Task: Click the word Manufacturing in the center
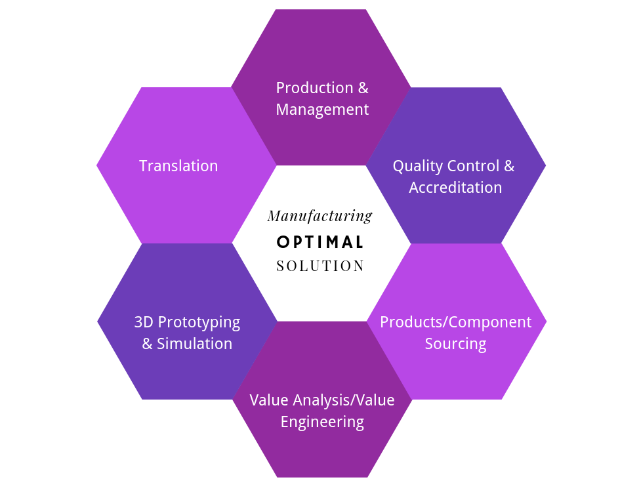tap(320, 216)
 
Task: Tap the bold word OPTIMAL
tap(320, 242)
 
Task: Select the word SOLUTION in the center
tap(320, 266)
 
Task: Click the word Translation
tap(178, 166)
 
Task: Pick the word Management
tap(322, 110)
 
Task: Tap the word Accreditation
tap(455, 188)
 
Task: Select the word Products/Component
tap(455, 322)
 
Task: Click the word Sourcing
tap(455, 344)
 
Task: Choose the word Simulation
tap(194, 344)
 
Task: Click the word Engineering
tap(322, 421)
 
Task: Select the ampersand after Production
tap(363, 88)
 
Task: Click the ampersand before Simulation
tap(147, 344)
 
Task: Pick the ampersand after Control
tap(509, 167)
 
